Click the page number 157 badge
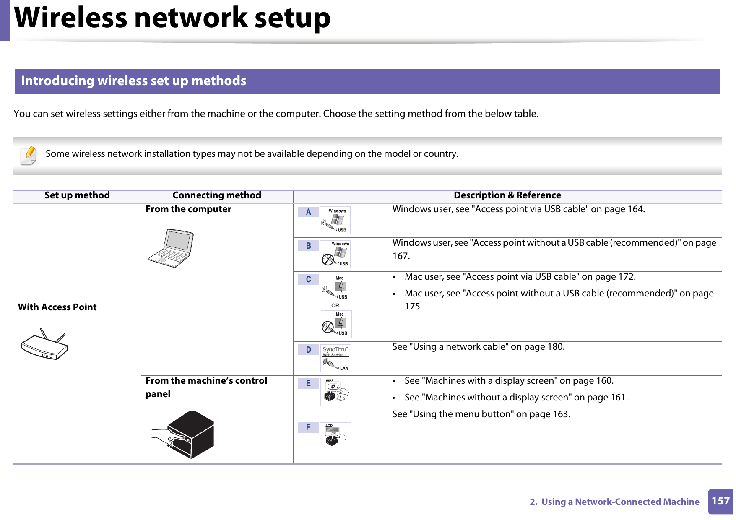point(720,501)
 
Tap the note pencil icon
point(29,156)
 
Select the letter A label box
point(308,212)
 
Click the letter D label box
point(308,350)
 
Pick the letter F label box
point(308,427)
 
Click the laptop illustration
point(172,248)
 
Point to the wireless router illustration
point(44,344)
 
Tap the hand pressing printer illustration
point(183,435)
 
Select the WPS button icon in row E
point(335,392)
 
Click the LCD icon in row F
point(335,436)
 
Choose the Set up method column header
point(77,195)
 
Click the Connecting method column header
point(217,195)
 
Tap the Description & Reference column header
point(507,195)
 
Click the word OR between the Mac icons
point(335,306)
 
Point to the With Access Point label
point(57,307)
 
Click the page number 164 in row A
point(635,209)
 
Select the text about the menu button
point(481,414)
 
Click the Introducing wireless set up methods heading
point(134,81)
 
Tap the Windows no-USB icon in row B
point(335,254)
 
